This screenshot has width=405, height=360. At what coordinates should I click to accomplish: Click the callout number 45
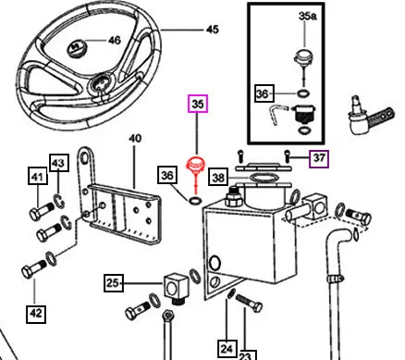[213, 30]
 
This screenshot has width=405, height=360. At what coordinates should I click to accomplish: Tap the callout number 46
[115, 41]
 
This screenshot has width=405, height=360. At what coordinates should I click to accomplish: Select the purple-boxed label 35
[198, 104]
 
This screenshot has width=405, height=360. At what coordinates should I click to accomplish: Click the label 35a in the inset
[308, 16]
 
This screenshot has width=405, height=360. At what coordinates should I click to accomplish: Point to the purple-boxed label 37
[319, 158]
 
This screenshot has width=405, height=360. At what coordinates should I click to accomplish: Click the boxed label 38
[218, 177]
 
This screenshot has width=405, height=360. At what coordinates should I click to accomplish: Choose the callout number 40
[135, 138]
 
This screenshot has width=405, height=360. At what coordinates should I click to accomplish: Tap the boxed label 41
[38, 176]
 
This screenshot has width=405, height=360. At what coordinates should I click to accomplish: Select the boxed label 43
[59, 162]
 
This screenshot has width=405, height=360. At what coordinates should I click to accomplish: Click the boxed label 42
[36, 314]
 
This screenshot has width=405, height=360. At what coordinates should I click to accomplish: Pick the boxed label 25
[114, 282]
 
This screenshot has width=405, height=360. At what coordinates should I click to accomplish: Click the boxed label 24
[227, 348]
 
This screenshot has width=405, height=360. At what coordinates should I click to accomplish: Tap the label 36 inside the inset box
[264, 93]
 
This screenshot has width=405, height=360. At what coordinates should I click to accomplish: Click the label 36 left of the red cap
[167, 175]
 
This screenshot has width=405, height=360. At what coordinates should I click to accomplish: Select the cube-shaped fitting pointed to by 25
[175, 288]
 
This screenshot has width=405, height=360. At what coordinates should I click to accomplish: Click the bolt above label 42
[33, 268]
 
